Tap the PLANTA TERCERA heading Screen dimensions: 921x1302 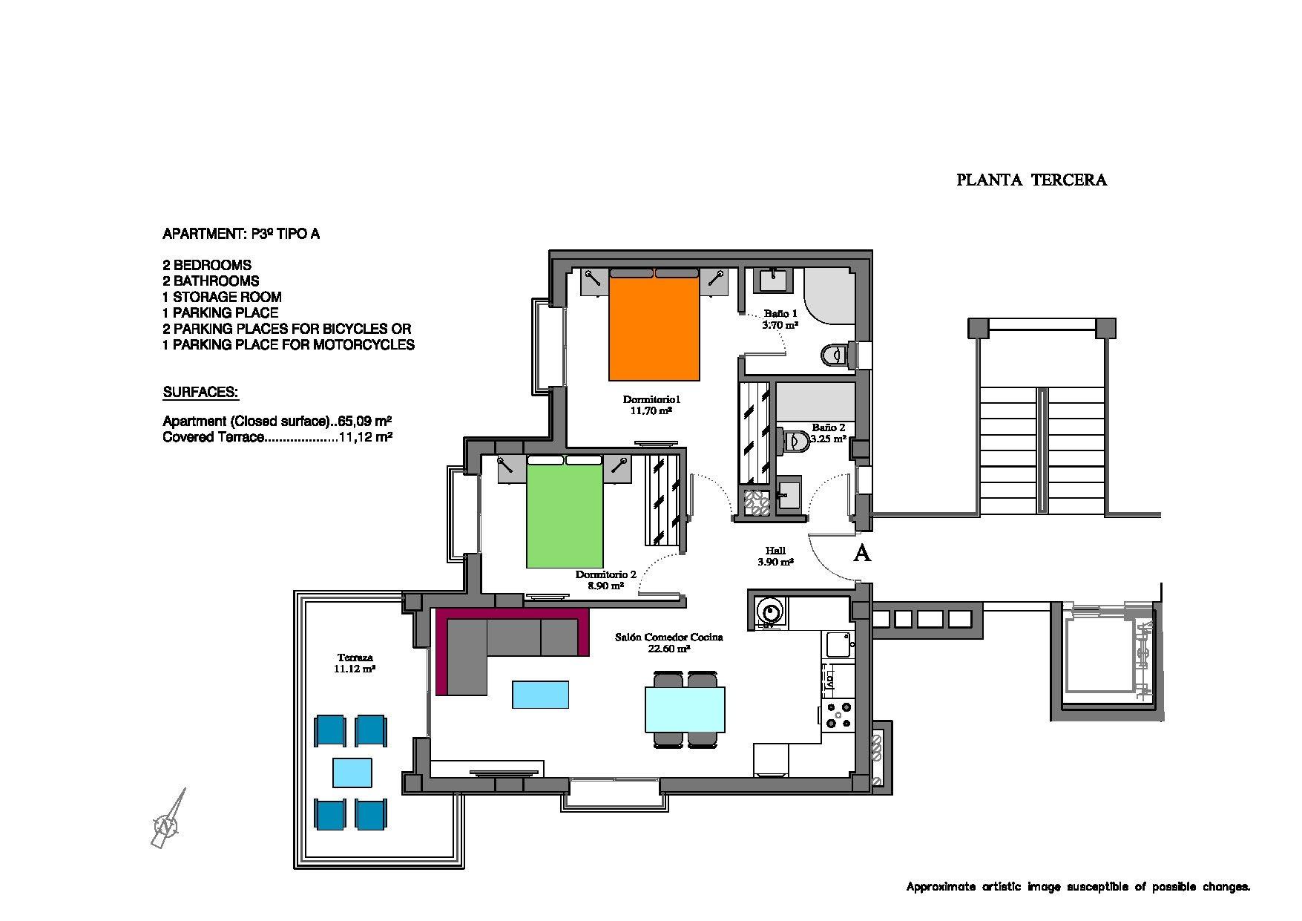click(x=1031, y=180)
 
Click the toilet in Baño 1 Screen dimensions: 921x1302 click(x=837, y=355)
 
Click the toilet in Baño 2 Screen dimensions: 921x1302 click(x=795, y=441)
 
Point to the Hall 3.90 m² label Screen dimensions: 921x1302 click(x=775, y=557)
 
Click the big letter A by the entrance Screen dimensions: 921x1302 click(x=861, y=553)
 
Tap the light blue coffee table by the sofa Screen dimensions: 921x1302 click(x=540, y=695)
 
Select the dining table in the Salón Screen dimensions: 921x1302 click(x=685, y=709)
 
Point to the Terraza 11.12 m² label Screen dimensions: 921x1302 click(x=355, y=663)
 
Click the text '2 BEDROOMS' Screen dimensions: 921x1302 click(x=207, y=265)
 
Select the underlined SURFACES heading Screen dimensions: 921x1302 click(x=200, y=392)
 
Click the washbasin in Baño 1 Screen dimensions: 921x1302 click(x=772, y=281)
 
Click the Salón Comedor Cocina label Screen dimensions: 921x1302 click(x=668, y=642)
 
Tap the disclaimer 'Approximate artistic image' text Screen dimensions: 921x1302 click(x=1077, y=886)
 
